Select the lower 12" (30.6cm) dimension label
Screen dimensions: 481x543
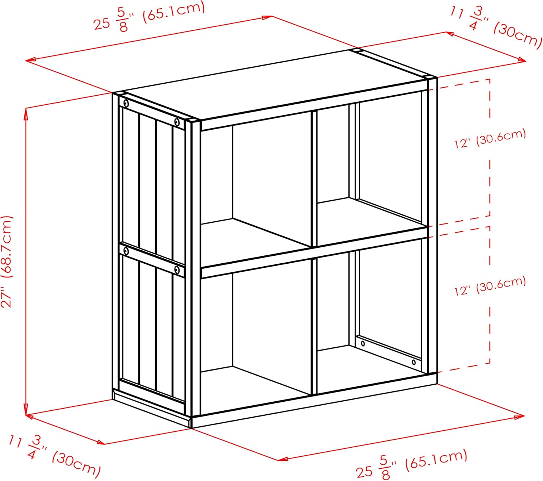(x=490, y=286)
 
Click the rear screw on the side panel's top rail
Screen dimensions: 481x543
(x=126, y=104)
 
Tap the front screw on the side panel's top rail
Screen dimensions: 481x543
(x=177, y=122)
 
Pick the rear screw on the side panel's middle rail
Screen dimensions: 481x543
(x=126, y=251)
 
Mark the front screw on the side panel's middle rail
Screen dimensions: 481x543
(x=177, y=269)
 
